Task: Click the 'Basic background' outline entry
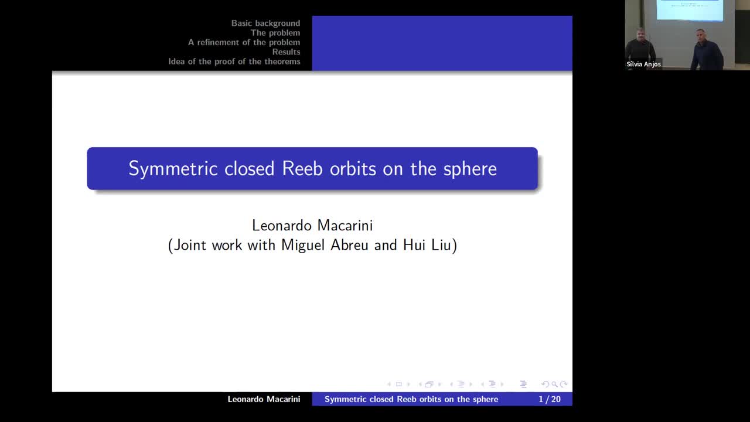(265, 23)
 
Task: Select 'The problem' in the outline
(275, 33)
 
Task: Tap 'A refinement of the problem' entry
(244, 42)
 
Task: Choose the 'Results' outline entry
(286, 52)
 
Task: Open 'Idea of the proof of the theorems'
(234, 62)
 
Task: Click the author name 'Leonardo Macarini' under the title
(312, 225)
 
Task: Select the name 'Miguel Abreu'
(325, 245)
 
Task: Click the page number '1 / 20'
(549, 399)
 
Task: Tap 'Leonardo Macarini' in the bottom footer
(264, 399)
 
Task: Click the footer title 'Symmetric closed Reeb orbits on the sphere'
(411, 399)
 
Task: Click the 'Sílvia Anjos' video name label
(643, 64)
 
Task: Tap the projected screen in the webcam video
(689, 10)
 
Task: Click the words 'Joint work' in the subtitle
(208, 245)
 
